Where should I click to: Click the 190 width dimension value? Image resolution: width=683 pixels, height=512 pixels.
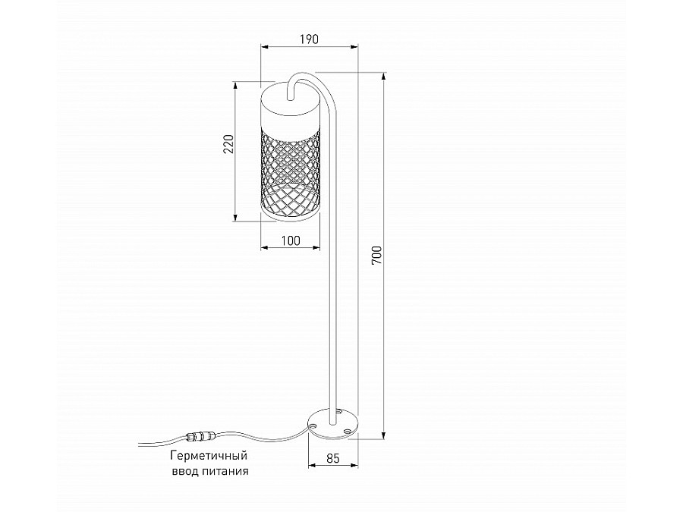pos(308,39)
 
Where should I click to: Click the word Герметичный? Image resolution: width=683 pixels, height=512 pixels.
pos(208,456)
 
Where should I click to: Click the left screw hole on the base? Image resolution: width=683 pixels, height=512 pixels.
pos(313,426)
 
